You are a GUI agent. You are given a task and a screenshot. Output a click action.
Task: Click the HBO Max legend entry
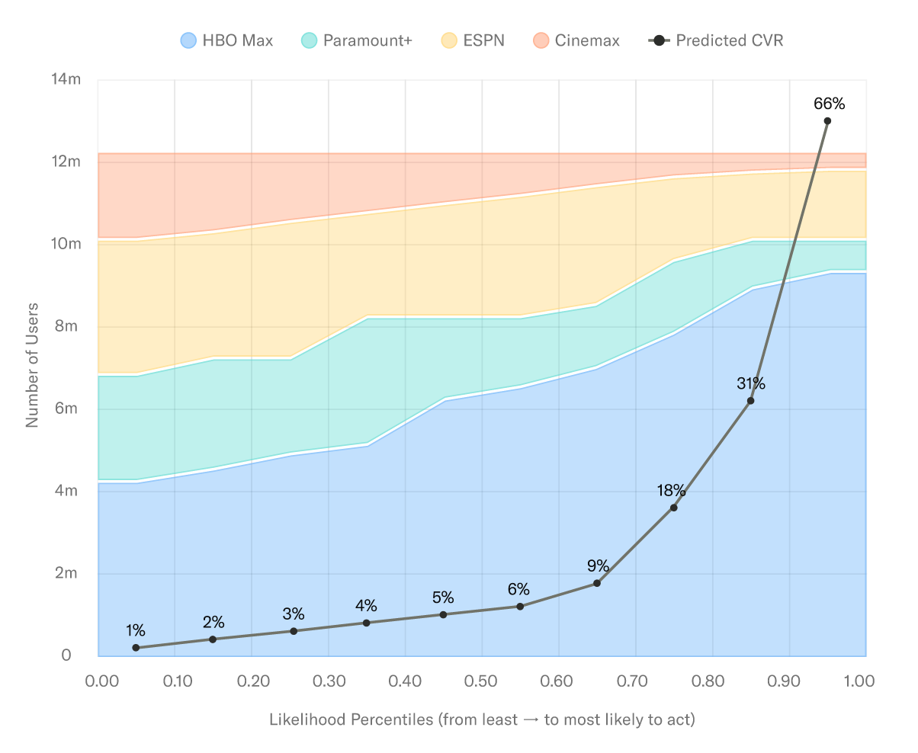click(226, 40)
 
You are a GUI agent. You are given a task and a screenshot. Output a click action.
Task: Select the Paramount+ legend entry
click(357, 40)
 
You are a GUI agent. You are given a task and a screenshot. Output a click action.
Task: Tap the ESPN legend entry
click(473, 40)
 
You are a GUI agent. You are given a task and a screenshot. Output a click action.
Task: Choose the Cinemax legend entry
click(576, 40)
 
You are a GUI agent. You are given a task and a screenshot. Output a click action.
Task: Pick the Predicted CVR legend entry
click(716, 40)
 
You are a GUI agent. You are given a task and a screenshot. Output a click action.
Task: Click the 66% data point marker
click(827, 120)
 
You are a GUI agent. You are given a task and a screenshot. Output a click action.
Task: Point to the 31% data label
click(750, 383)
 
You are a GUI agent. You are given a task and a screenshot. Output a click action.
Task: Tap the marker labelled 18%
click(673, 508)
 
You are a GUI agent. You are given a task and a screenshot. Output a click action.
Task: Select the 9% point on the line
click(597, 583)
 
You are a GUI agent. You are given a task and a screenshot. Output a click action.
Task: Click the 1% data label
click(136, 630)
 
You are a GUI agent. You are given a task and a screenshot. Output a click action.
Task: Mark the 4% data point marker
click(366, 623)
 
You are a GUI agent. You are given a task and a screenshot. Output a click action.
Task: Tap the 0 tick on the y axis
click(66, 655)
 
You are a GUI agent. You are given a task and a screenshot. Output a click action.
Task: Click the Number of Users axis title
click(32, 367)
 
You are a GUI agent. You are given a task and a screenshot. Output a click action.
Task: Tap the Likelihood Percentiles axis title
click(482, 719)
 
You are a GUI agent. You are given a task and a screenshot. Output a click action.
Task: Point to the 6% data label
click(519, 589)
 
